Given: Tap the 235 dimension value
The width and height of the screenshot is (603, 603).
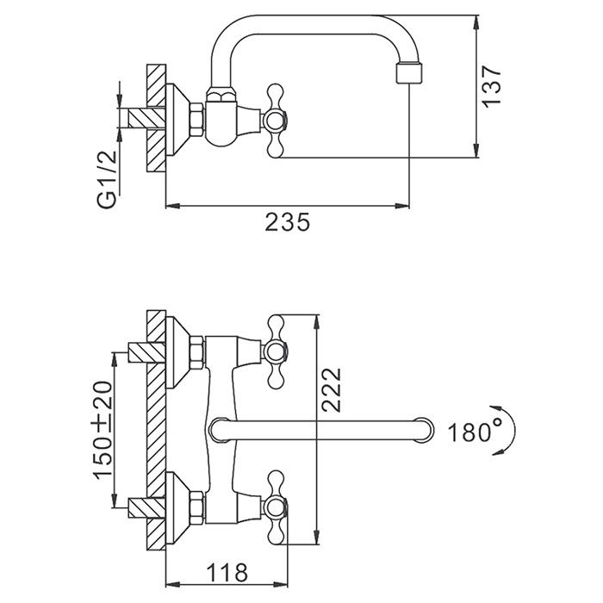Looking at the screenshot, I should coord(286,222).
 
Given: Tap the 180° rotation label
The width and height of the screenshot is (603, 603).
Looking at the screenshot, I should coord(473,431).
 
